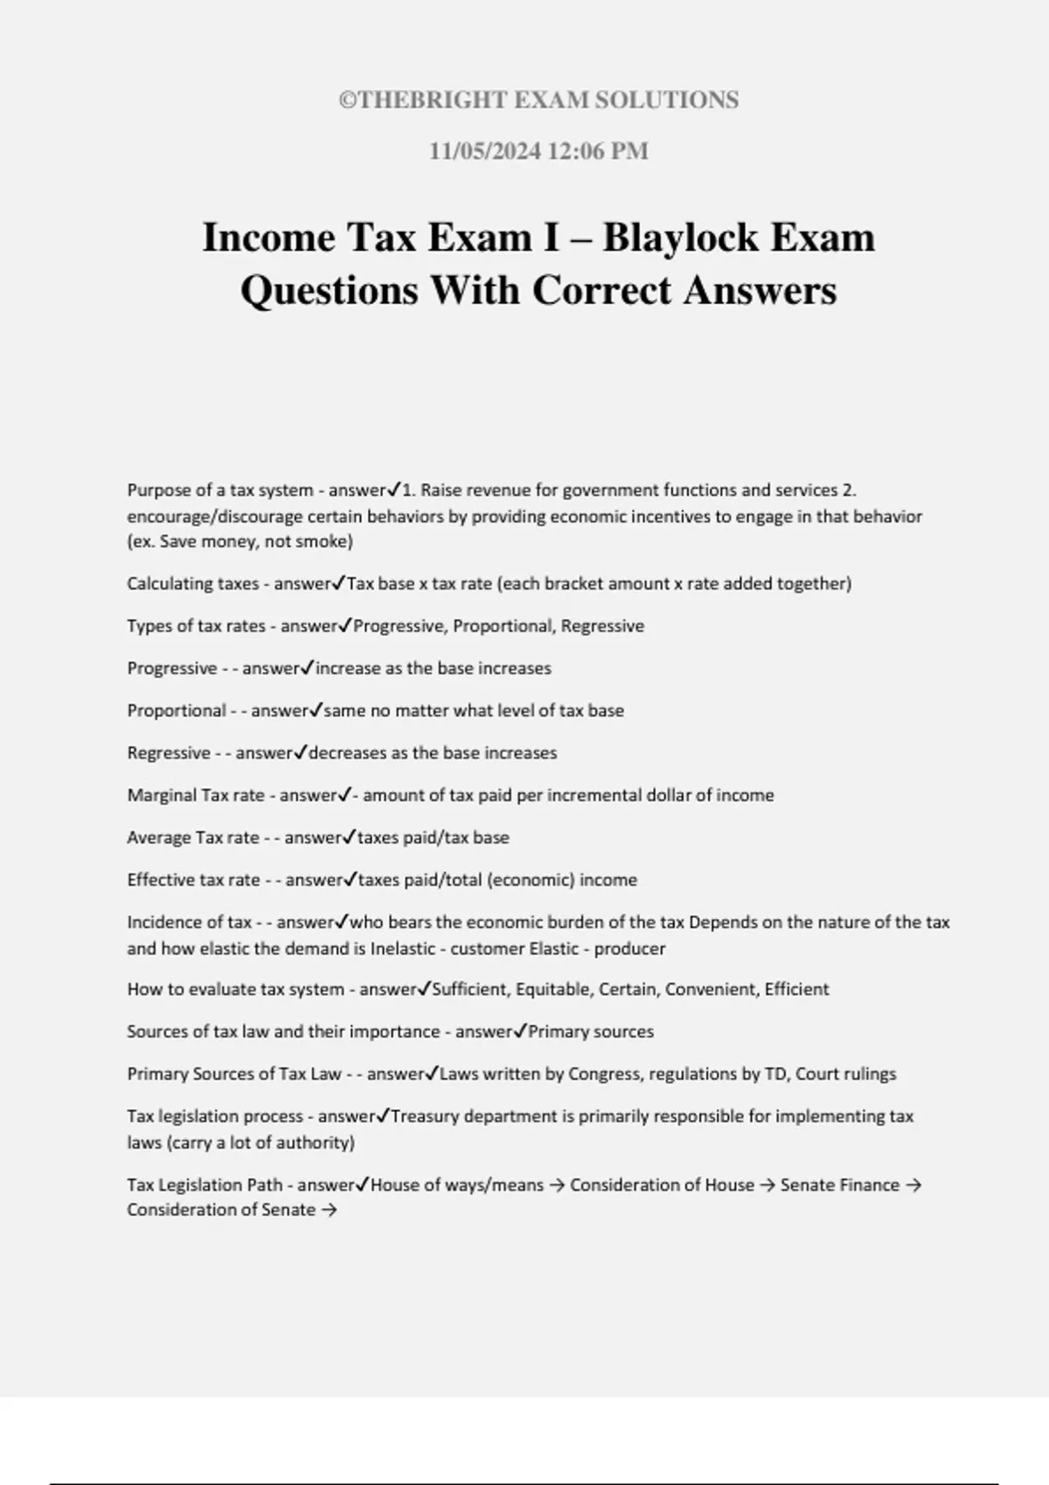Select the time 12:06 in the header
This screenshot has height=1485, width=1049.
click(576, 151)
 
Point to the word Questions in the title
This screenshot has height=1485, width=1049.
click(329, 290)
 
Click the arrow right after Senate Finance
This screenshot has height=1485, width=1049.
click(913, 1185)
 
